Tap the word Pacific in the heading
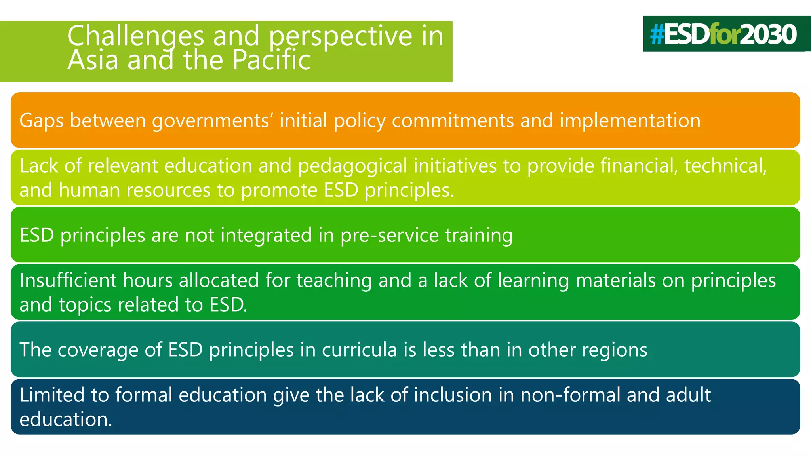click(271, 60)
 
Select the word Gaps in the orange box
click(41, 121)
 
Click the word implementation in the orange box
click(630, 120)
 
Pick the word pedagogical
click(352, 166)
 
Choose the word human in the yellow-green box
click(89, 190)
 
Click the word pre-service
click(390, 235)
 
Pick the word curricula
click(359, 350)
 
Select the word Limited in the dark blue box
click(52, 395)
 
